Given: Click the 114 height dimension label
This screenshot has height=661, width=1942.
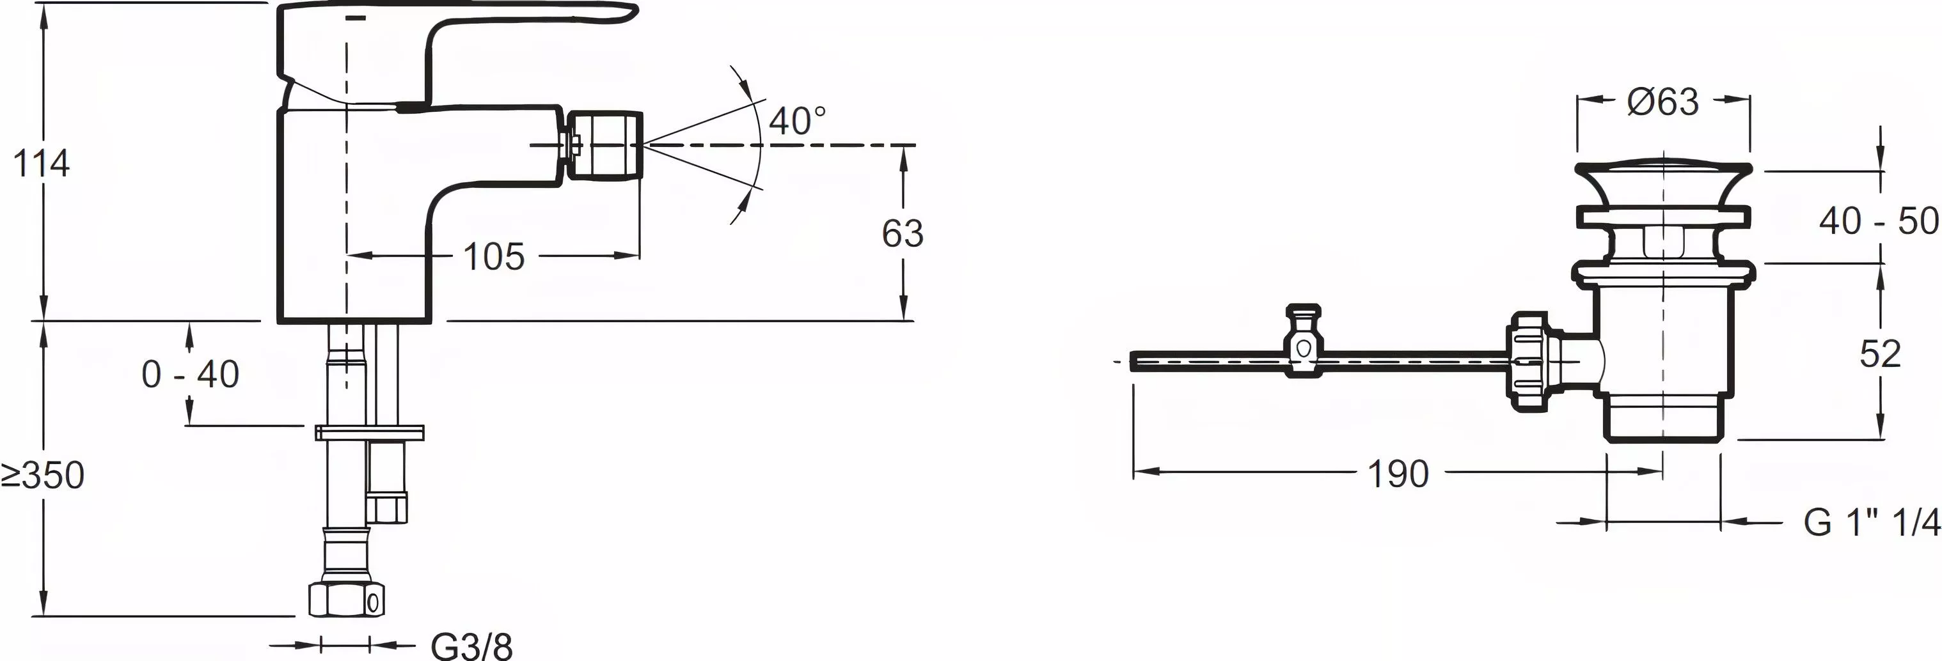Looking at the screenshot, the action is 42,164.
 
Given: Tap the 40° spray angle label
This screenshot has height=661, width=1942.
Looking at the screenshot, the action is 797,121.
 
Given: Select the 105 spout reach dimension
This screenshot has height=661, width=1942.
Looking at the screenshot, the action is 494,257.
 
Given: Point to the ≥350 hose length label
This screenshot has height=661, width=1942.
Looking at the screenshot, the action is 43,476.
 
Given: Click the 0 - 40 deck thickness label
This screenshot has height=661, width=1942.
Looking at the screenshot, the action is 191,374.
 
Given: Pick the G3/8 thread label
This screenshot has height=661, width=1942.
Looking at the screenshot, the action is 472,645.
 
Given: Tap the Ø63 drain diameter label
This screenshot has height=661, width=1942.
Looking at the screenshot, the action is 1664,101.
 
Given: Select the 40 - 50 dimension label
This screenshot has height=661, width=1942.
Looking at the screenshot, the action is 1879,221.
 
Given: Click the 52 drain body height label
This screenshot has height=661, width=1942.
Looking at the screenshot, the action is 1880,354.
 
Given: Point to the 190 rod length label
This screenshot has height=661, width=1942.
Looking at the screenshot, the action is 1398,474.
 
